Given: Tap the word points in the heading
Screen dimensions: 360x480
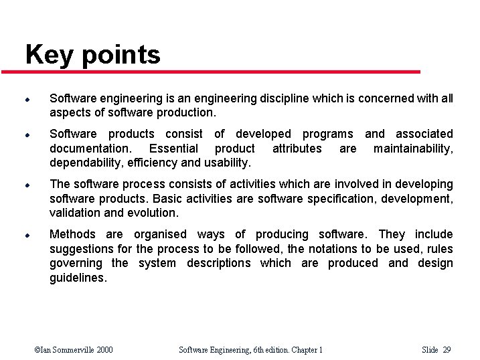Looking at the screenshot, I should [121, 56].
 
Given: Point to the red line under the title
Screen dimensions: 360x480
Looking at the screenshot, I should [221, 72].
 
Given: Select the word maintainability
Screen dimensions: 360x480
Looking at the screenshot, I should [413, 149].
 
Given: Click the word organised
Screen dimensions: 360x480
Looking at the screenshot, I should [161, 234].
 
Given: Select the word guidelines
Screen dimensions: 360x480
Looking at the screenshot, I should [77, 278].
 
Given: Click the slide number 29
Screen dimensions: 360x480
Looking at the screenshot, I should [447, 349].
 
